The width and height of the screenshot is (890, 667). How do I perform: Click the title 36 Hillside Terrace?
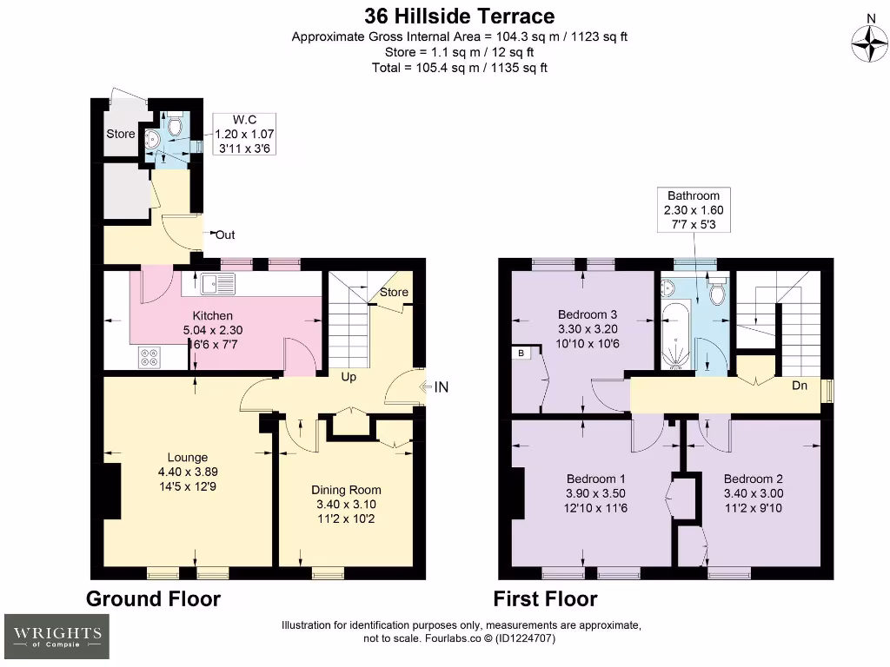pyautogui.click(x=458, y=16)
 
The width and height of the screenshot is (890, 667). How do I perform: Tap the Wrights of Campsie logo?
pyautogui.click(x=57, y=636)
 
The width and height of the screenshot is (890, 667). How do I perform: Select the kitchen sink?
pyautogui.click(x=213, y=282)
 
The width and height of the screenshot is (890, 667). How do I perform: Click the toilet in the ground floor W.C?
pyautogui.click(x=174, y=128)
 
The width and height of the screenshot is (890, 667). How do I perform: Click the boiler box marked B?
pyautogui.click(x=521, y=353)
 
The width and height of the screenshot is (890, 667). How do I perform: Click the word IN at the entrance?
pyautogui.click(x=441, y=387)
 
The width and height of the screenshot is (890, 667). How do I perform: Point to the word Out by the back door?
pyautogui.click(x=224, y=234)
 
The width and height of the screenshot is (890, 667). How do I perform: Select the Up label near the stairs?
pyautogui.click(x=348, y=377)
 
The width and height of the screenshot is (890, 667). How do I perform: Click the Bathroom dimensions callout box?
pyautogui.click(x=694, y=210)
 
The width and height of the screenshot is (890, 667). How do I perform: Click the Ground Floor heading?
pyautogui.click(x=153, y=598)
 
